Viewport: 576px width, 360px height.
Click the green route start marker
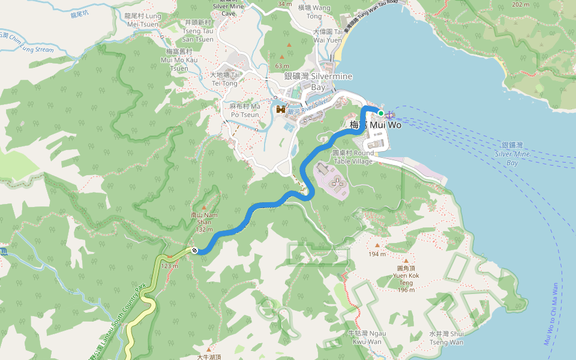[380, 113]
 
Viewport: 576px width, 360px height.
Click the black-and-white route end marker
[194, 250]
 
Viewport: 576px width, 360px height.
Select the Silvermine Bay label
[318, 82]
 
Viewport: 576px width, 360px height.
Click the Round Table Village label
[353, 157]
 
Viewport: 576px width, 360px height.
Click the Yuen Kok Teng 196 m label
[406, 279]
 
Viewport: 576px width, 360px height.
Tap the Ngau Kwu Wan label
[367, 337]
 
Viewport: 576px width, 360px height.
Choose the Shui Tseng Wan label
[446, 338]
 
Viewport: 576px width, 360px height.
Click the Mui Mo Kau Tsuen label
[179, 60]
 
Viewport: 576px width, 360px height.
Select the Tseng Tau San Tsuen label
[198, 31]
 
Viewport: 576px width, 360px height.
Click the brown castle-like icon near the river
[280, 110]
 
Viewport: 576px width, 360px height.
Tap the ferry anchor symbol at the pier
[389, 115]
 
